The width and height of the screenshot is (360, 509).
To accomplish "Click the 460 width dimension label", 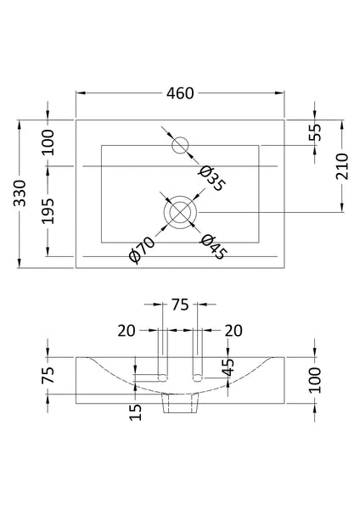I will tap(180, 93).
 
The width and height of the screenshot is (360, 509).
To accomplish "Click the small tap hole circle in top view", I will tap(180, 146).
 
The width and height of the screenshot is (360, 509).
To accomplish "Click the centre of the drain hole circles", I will tap(180, 210).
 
